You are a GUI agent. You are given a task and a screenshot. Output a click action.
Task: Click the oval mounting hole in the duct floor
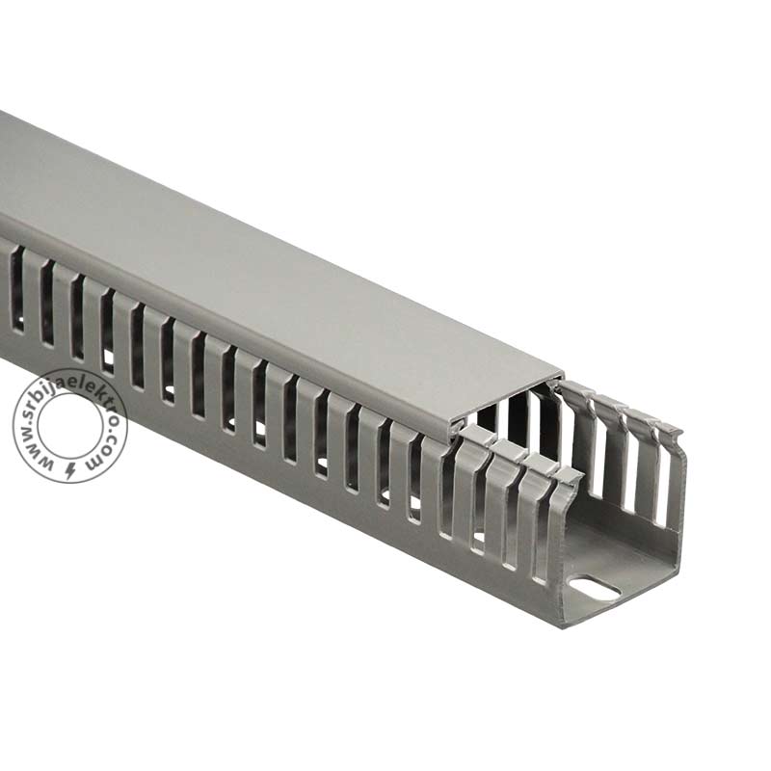click(x=595, y=589)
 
